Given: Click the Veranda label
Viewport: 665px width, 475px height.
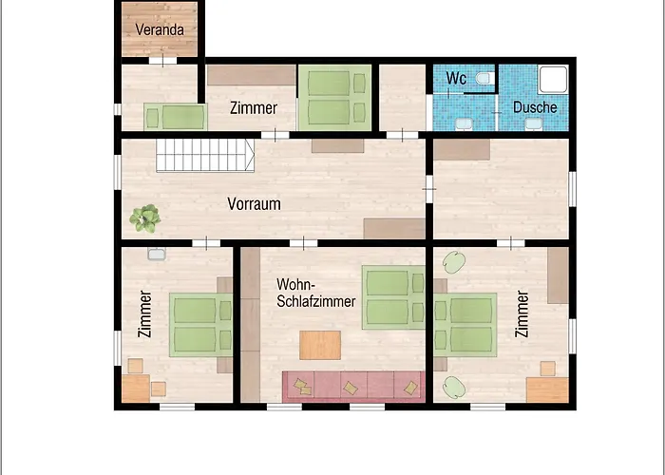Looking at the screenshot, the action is tap(160, 29).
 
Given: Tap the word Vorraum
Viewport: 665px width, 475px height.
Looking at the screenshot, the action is tap(254, 204).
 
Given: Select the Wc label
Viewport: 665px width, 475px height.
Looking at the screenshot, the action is tap(456, 79).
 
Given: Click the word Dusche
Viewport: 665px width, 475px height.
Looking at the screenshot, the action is tap(535, 107).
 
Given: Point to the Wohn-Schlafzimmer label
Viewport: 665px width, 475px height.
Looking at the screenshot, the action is tap(316, 293).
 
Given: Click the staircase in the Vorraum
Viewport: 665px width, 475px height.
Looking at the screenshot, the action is tap(205, 156).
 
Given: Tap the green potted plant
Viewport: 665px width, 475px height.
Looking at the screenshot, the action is tap(145, 218).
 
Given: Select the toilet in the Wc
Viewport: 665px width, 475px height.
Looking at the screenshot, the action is tap(484, 79).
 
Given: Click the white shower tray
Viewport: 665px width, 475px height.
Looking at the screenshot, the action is tap(553, 79).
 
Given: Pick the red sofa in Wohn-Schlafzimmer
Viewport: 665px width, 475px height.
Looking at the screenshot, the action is tap(353, 387).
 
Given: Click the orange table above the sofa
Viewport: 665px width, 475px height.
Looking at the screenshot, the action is tap(320, 345).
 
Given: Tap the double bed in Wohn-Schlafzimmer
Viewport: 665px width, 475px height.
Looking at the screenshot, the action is tap(393, 297).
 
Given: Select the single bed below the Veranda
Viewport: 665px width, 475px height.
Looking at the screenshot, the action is tap(175, 117).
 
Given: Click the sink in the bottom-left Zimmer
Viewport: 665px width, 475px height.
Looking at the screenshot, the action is tap(157, 254).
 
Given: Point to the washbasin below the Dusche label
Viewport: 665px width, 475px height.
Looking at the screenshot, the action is tap(534, 123).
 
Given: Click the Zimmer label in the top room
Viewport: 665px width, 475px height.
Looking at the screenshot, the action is tap(254, 108).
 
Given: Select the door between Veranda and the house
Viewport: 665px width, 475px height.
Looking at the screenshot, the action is tap(162, 60).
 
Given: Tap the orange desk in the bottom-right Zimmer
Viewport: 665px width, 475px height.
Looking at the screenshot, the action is tap(547, 389).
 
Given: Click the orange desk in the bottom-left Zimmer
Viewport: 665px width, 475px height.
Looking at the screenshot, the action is tap(136, 389).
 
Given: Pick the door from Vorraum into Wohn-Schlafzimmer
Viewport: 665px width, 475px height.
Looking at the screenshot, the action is tap(303, 243).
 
